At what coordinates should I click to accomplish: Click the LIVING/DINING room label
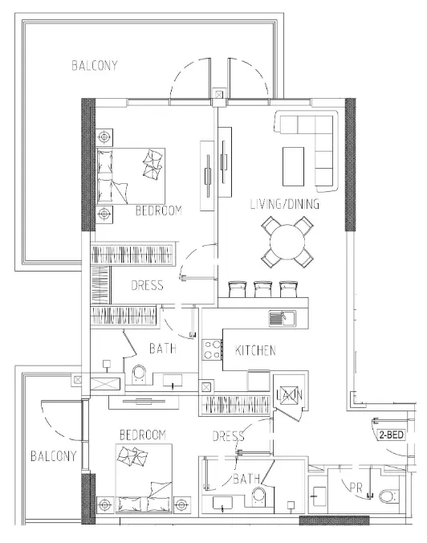coord(284,205)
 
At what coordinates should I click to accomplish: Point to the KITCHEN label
coord(255,351)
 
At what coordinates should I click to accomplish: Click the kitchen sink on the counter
coord(281,317)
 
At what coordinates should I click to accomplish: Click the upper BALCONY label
coord(94,66)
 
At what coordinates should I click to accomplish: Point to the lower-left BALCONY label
coord(53,456)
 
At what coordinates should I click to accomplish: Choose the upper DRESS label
coord(147,285)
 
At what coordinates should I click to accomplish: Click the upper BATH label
coord(164,349)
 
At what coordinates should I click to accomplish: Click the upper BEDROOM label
coord(157,210)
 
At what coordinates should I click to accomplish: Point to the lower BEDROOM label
coord(142,435)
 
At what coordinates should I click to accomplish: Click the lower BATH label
coord(246,480)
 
